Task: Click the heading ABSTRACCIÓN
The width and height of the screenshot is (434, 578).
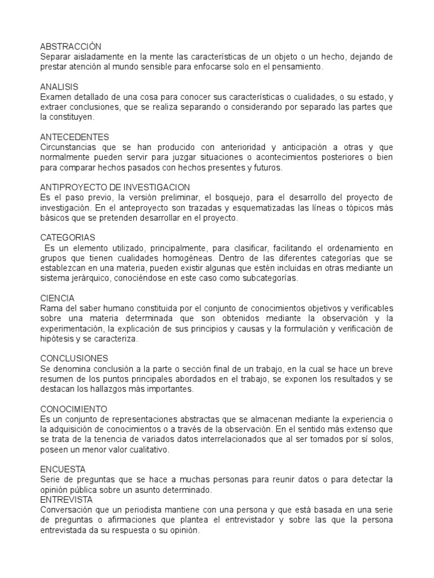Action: click(70, 47)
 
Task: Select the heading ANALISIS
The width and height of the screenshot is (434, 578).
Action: click(59, 87)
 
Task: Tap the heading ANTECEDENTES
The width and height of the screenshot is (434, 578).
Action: click(75, 137)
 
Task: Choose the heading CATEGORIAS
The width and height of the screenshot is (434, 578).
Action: click(68, 238)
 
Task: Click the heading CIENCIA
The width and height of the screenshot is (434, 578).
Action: click(57, 297)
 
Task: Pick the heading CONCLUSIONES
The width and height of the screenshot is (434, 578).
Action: click(73, 358)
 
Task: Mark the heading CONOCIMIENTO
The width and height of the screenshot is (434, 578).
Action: click(73, 409)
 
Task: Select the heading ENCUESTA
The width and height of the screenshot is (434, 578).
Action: click(63, 469)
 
